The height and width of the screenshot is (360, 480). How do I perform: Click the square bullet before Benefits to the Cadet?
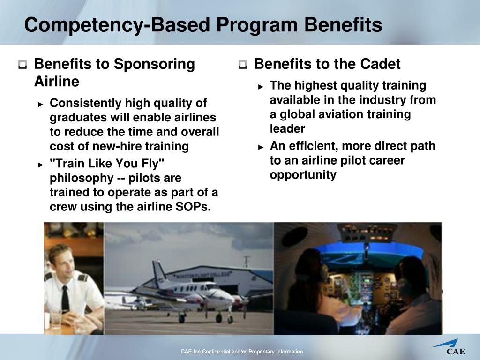pos(242,65)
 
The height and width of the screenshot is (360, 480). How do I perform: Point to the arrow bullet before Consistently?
pos(41,104)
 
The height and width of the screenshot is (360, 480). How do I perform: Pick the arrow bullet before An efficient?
pos(261,147)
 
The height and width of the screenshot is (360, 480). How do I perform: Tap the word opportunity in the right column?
pos(303,175)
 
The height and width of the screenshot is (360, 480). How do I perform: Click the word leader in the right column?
pos(287,128)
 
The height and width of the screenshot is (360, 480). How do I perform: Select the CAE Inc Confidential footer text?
pos(242,352)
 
